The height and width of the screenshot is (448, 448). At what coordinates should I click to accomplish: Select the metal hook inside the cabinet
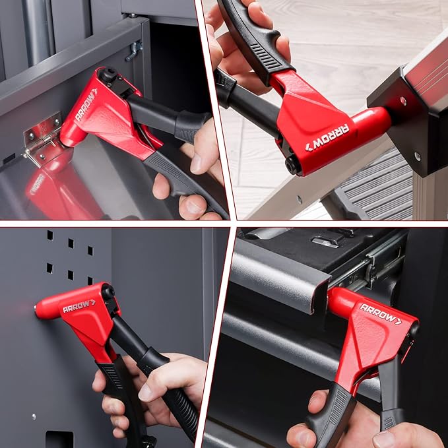click(135, 49)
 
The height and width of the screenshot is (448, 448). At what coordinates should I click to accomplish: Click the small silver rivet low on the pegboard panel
click(34, 416)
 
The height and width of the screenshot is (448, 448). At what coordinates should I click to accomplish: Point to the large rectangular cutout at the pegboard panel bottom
click(59, 439)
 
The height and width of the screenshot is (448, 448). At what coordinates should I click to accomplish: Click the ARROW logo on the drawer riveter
click(380, 313)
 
